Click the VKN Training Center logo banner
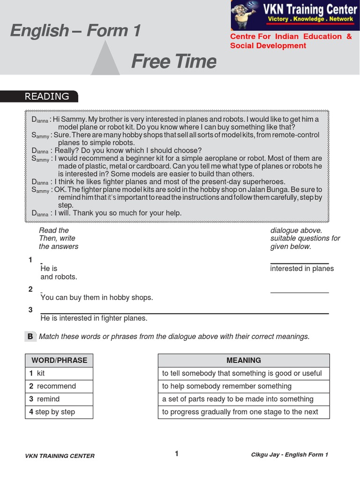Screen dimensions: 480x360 pyautogui.click(x=294, y=15)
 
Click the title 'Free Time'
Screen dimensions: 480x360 pyautogui.click(x=173, y=61)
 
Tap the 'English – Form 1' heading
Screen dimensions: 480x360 pyautogui.click(x=75, y=31)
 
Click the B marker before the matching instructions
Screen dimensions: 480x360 pyautogui.click(x=30, y=336)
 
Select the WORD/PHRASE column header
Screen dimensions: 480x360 pyautogui.click(x=59, y=360)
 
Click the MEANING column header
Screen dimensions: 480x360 pyautogui.click(x=244, y=360)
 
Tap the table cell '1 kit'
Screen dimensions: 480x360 pyautogui.click(x=59, y=374)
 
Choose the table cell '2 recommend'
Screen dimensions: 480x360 pyautogui.click(x=59, y=386)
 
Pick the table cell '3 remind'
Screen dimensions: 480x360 pyautogui.click(x=59, y=399)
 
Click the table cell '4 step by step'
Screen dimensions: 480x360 pyautogui.click(x=59, y=412)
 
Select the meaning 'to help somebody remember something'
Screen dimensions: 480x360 pyautogui.click(x=227, y=386)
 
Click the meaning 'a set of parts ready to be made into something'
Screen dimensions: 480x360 pyautogui.click(x=238, y=399)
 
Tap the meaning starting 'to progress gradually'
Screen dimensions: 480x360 pyautogui.click(x=240, y=412)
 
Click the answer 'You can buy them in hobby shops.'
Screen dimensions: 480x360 pyautogui.click(x=97, y=298)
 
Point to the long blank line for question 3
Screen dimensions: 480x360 pyautogui.click(x=185, y=313)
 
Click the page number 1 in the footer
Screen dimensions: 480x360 pyautogui.click(x=177, y=453)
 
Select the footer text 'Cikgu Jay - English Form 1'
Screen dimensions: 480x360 pyautogui.click(x=290, y=455)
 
